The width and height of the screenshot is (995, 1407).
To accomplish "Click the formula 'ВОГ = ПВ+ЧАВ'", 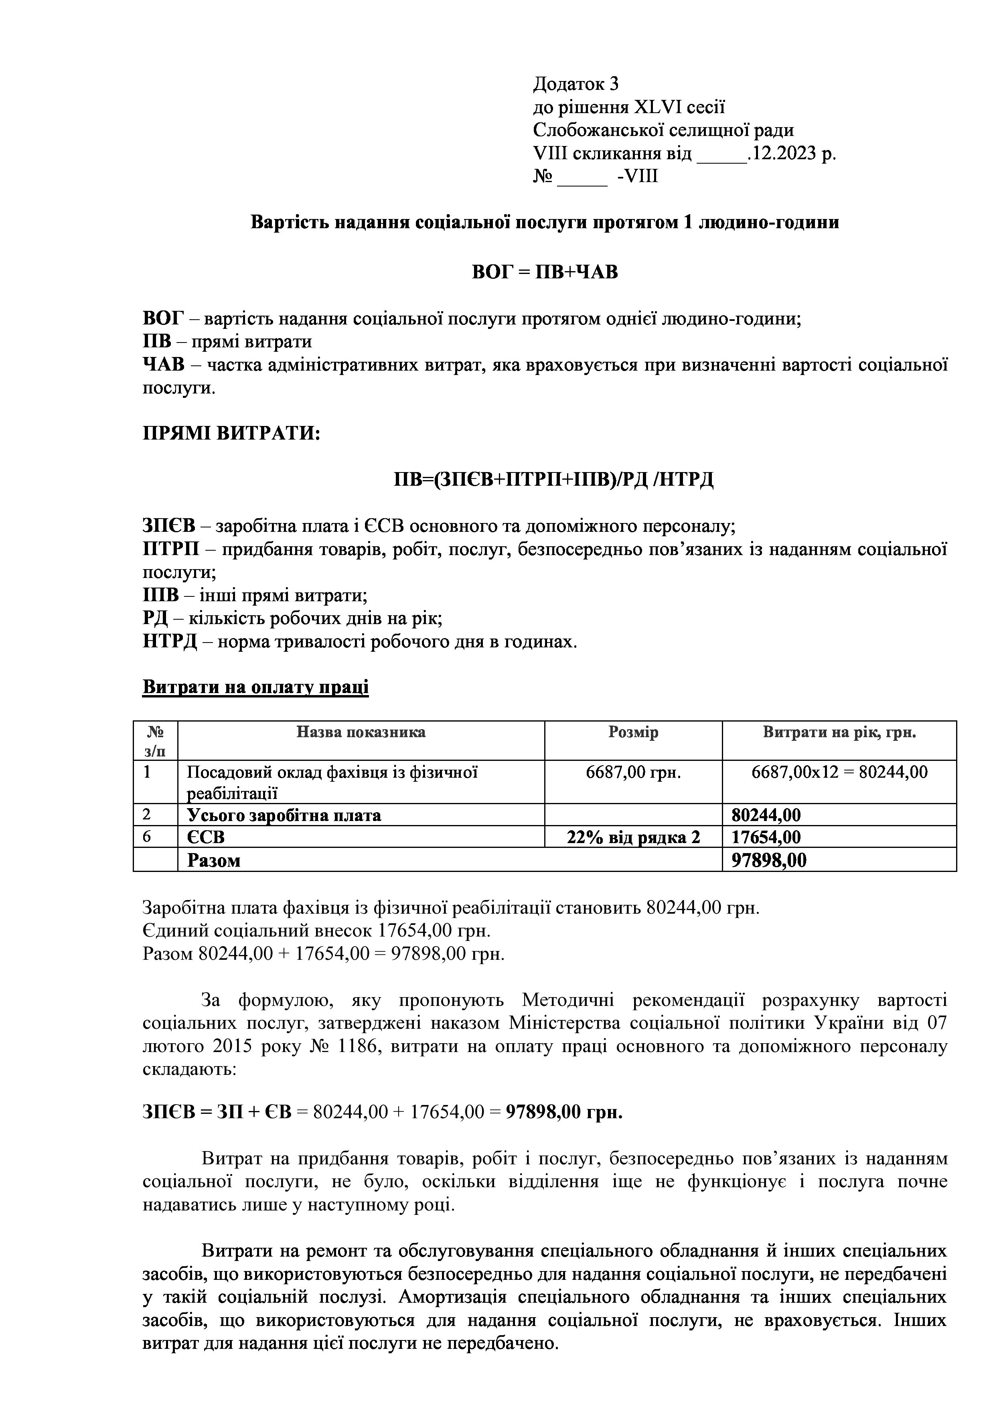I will (545, 272).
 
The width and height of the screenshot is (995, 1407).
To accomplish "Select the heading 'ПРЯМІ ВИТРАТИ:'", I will (231, 434).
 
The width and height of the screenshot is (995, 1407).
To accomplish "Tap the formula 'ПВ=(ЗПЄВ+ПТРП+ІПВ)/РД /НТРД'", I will (553, 479).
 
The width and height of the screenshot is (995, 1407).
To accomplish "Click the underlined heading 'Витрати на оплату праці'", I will (255, 687).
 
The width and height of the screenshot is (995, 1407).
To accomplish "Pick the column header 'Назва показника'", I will (361, 732).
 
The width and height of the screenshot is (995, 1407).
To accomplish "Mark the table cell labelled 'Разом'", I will (214, 860).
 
